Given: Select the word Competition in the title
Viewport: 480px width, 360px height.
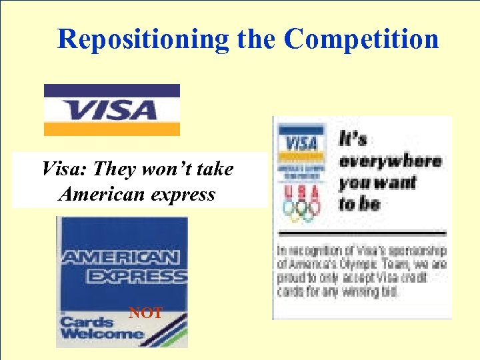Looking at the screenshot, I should click(x=361, y=39).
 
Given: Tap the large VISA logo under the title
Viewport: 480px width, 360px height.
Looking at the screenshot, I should click(x=112, y=109).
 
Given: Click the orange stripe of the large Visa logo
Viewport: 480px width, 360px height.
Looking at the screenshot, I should click(x=112, y=129).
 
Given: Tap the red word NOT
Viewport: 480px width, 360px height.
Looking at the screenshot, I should click(x=145, y=312).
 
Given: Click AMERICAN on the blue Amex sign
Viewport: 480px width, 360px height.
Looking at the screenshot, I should click(x=120, y=257).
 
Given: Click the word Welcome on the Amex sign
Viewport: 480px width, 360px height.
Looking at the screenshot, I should click(x=101, y=333).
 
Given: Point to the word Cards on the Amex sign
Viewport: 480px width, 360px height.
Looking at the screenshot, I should click(x=83, y=321).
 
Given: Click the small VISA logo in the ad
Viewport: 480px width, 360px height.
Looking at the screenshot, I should click(x=301, y=143).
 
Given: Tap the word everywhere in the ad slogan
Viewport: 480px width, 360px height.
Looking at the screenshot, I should click(x=390, y=161).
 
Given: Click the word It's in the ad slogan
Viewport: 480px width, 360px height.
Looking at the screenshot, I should click(x=353, y=139).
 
